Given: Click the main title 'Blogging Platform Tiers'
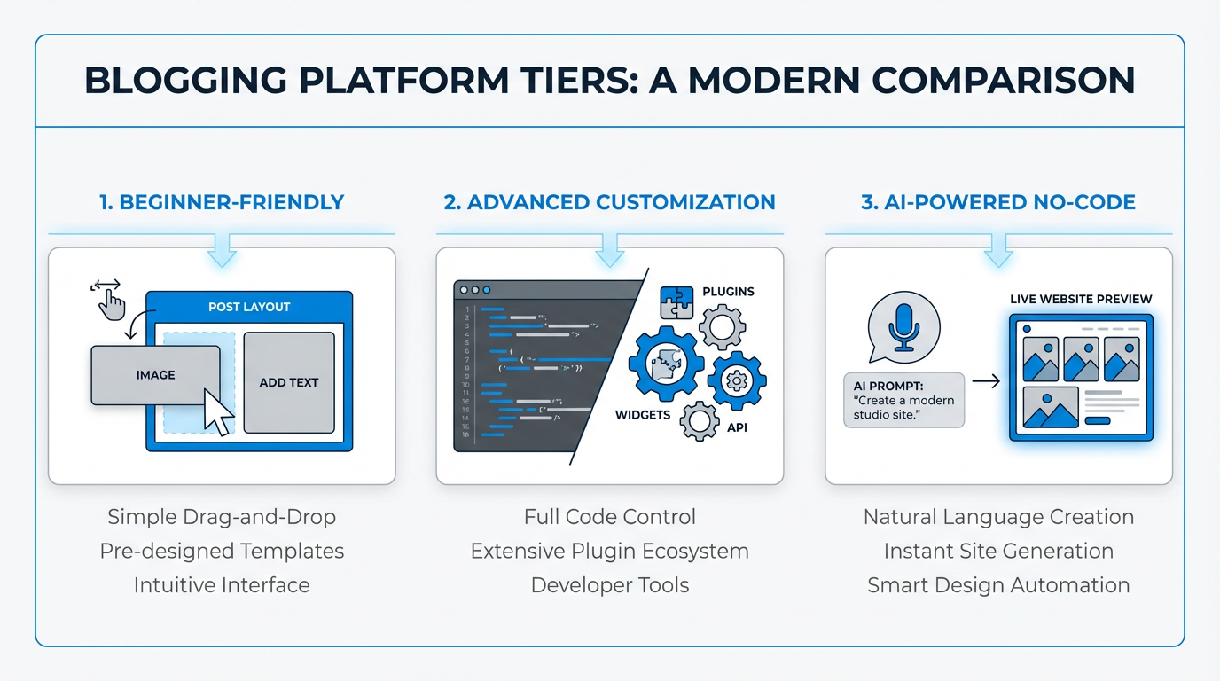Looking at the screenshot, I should point(609,81).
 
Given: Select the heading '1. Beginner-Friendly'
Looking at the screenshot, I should point(222,202).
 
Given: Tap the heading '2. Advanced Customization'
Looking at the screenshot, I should point(609,202).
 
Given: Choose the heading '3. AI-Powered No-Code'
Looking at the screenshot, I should point(998,202).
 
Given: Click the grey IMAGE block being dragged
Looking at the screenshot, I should point(155,375).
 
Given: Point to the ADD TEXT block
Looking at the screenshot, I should point(289,383).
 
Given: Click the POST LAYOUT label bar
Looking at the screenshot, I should point(249,307).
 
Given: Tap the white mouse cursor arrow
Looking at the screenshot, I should point(218,412).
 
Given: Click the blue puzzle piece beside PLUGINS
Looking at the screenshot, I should point(676,302).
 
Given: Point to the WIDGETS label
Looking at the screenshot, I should point(643,415).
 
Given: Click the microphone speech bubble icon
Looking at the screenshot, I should point(903,326).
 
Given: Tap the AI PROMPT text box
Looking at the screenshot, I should point(903,400).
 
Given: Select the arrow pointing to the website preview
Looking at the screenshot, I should point(986,381).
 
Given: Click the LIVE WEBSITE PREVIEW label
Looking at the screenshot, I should point(1081,299).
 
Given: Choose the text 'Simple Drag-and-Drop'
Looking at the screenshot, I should point(222,517).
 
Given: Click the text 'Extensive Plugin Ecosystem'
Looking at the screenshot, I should point(609,552).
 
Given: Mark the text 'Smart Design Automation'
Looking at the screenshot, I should point(998,586).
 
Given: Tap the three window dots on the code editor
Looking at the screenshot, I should point(474,290).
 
